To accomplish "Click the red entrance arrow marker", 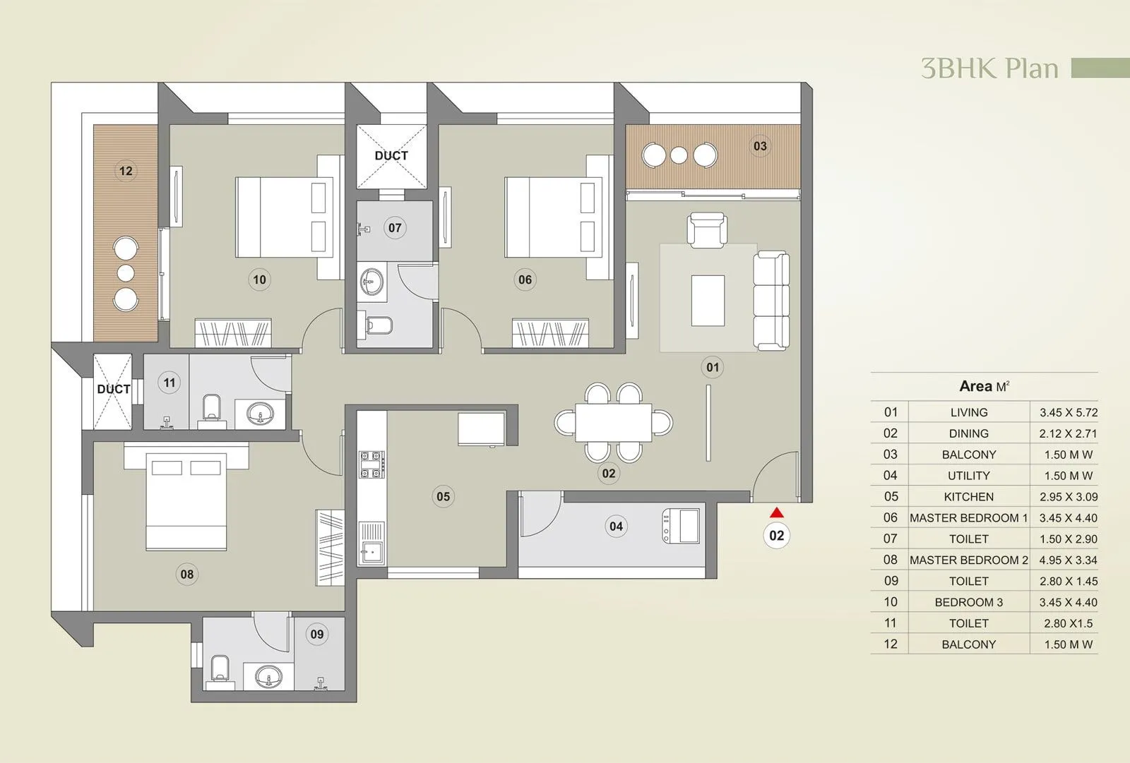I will pyautogui.click(x=777, y=513).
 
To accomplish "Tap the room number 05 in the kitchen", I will pyautogui.click(x=443, y=496).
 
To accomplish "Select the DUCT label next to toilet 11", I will pyautogui.click(x=113, y=389).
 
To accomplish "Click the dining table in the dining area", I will pyautogui.click(x=613, y=422).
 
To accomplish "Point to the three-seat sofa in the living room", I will pyautogui.click(x=771, y=300).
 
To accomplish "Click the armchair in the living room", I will pyautogui.click(x=707, y=229).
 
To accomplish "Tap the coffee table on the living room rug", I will pyautogui.click(x=708, y=300).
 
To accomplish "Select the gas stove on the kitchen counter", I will pyautogui.click(x=371, y=464).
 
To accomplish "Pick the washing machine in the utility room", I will pyautogui.click(x=681, y=527).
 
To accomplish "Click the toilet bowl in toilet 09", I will pyautogui.click(x=220, y=669).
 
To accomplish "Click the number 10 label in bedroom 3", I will pyautogui.click(x=259, y=280).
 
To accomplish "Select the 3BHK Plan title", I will pyautogui.click(x=989, y=68).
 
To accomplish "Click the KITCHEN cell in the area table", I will pyautogui.click(x=968, y=497).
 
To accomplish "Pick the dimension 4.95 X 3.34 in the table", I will pyautogui.click(x=1068, y=560).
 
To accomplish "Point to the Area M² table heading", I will pyautogui.click(x=984, y=386).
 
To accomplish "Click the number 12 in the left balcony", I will pyautogui.click(x=126, y=171).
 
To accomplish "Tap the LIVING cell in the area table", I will pyautogui.click(x=968, y=412).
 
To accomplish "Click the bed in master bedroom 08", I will pyautogui.click(x=186, y=502).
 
